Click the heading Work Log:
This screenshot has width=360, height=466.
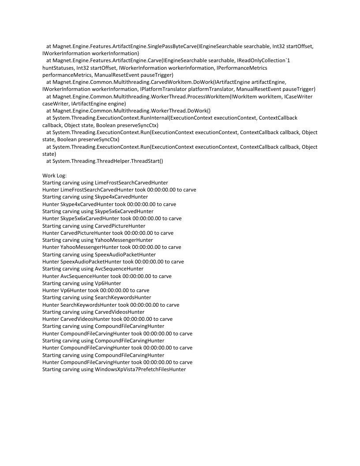tap(54, 176)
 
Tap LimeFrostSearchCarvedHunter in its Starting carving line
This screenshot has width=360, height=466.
tap(131, 183)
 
